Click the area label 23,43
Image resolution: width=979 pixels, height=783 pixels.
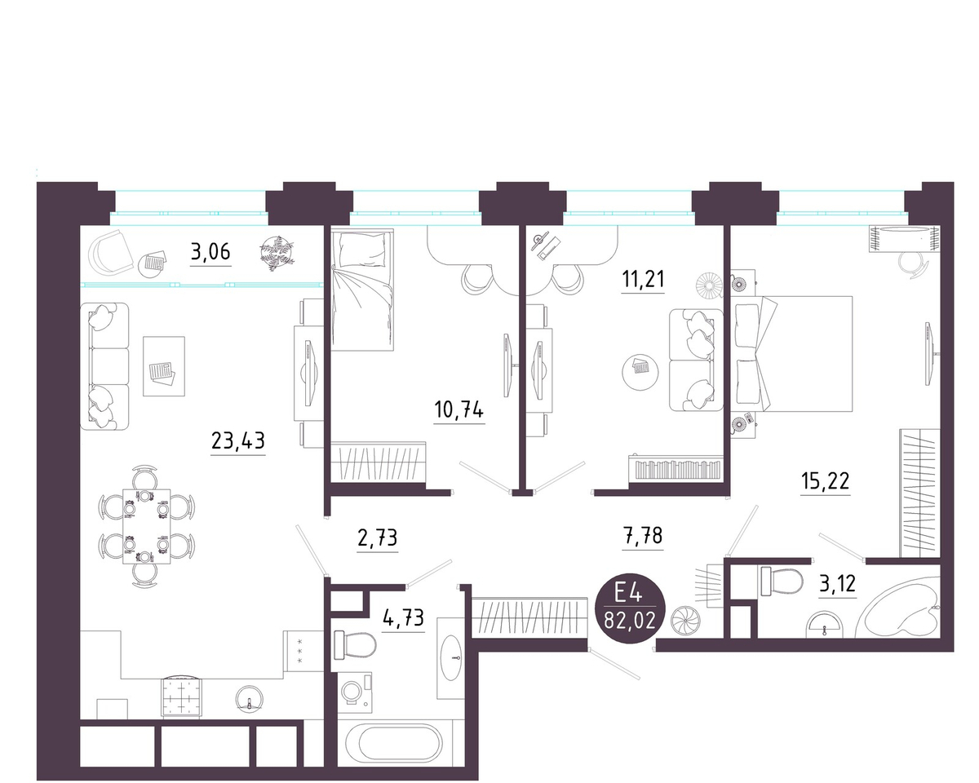click(x=238, y=441)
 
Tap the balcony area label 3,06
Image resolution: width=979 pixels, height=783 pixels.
click(x=210, y=251)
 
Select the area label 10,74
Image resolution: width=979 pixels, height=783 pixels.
click(x=458, y=409)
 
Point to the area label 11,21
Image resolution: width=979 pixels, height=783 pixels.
click(x=643, y=278)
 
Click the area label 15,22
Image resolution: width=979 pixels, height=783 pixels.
click(x=826, y=480)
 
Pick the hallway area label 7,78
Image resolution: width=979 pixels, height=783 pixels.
click(x=642, y=536)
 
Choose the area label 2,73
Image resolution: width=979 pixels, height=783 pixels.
click(x=378, y=537)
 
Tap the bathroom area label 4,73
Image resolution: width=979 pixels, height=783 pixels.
click(x=404, y=618)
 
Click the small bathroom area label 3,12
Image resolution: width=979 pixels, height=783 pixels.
click(x=838, y=583)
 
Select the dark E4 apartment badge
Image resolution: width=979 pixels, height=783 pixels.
click(x=630, y=608)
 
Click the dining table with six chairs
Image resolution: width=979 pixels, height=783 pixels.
click(x=147, y=526)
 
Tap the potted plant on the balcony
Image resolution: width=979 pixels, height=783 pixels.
click(x=277, y=253)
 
